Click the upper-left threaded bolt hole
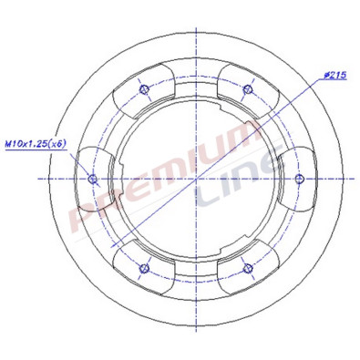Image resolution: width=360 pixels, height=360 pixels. (x=144, y=88)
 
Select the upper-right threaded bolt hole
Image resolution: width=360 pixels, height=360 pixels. (x=249, y=88)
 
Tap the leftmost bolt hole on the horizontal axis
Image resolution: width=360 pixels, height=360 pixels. (x=91, y=179)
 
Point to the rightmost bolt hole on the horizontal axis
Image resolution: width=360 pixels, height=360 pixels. (x=301, y=179)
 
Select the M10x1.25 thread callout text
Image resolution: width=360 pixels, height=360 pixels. (x=26, y=143)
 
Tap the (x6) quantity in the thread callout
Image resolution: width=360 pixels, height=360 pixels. (x=57, y=143)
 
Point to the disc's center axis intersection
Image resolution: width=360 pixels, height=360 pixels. (x=196, y=179)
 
